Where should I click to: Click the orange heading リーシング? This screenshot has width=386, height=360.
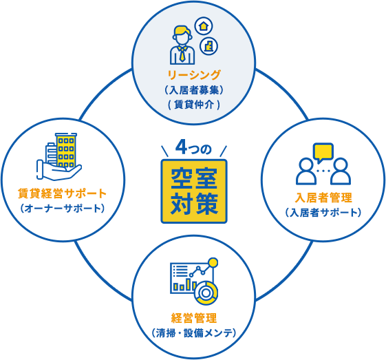(194, 75)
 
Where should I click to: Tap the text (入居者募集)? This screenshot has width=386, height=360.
(194, 90)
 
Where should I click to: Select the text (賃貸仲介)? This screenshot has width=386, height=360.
(194, 105)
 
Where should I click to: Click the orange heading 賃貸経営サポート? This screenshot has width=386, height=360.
(62, 193)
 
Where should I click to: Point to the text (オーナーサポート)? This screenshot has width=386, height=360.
(63, 209)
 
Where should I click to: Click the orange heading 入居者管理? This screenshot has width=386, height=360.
(323, 198)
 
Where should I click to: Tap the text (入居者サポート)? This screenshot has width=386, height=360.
(323, 213)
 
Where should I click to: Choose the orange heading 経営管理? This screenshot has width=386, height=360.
(194, 318)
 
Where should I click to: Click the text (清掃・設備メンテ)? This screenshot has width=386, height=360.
(194, 333)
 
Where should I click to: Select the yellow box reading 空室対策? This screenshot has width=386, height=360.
(194, 191)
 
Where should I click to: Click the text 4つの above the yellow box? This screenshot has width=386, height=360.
(194, 148)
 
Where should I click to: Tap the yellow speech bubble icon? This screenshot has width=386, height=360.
(323, 152)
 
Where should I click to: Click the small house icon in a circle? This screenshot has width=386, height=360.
(204, 26)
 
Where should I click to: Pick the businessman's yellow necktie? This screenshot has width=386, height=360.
(182, 54)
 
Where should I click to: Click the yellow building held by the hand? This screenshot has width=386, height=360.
(66, 151)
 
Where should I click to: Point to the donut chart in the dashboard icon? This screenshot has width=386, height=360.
(206, 293)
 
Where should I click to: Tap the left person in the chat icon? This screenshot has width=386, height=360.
(306, 171)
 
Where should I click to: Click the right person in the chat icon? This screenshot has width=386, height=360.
(341, 171)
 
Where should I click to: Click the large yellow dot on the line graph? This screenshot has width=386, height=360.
(213, 262)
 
